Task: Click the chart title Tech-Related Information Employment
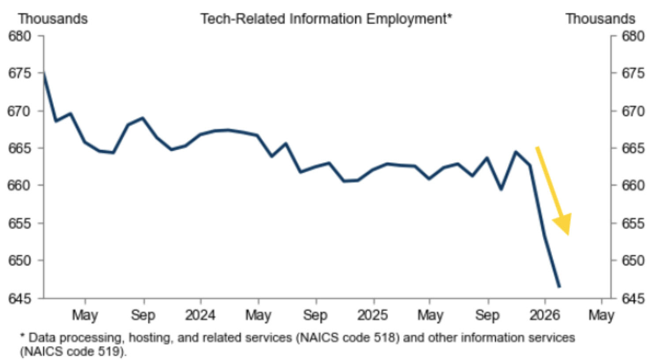[326, 19]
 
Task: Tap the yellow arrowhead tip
[568, 235]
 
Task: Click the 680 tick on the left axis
[20, 36]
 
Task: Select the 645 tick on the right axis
[633, 299]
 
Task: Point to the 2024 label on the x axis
[200, 315]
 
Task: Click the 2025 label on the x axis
[373, 315]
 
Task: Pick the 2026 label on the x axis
[544, 315]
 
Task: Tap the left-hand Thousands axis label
[53, 19]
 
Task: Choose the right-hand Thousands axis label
[600, 19]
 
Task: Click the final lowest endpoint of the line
[559, 287]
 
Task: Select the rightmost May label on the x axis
[601, 315]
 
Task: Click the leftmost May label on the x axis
[85, 315]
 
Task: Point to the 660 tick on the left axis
[20, 185]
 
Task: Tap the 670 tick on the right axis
[633, 111]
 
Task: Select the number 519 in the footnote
[111, 352]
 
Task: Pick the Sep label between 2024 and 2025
[315, 315]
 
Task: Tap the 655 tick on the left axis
[20, 223]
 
